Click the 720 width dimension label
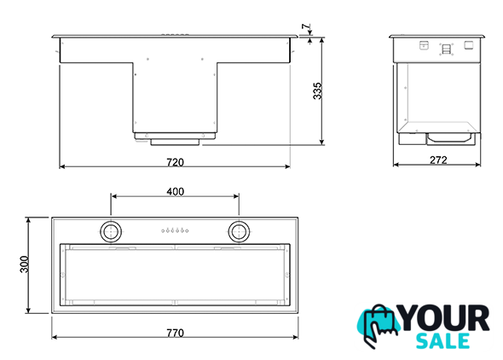tap(175, 162)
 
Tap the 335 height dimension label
tap(317, 90)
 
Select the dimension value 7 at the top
tap(306, 26)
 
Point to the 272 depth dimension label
tap(438, 160)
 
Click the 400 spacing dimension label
tap(175, 192)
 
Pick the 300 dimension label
tap(25, 264)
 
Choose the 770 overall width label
tap(175, 333)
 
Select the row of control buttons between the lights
tap(175, 230)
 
